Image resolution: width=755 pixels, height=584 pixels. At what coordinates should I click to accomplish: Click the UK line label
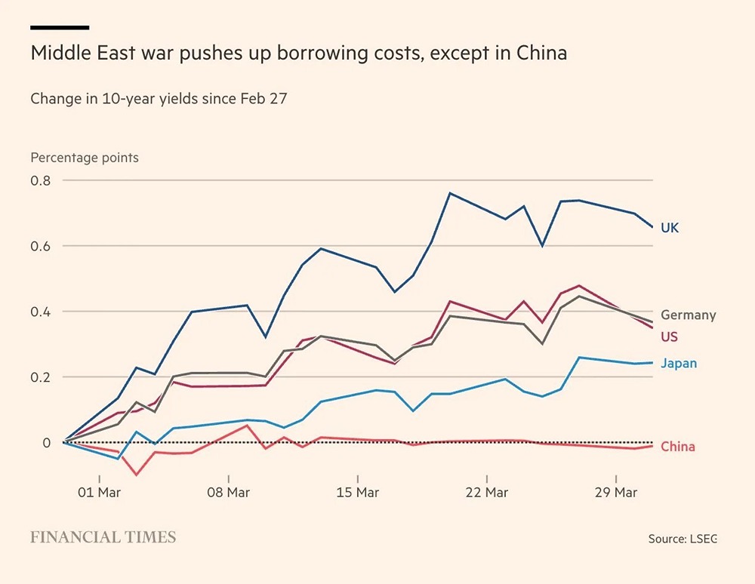[x=670, y=228]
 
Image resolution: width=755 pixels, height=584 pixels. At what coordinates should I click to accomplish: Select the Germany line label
[x=688, y=315]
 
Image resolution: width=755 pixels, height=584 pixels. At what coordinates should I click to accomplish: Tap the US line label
[x=669, y=337]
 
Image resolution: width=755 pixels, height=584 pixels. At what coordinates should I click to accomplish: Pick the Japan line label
[x=678, y=363]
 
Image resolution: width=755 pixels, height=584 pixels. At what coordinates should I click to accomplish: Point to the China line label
[x=677, y=447]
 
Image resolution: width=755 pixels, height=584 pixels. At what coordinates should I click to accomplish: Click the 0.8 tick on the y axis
[x=40, y=181]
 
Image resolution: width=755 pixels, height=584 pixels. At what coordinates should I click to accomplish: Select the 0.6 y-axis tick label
[x=40, y=246]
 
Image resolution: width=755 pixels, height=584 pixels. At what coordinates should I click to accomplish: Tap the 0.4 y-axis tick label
[x=40, y=312]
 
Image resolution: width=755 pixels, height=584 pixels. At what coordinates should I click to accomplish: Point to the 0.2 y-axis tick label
[x=40, y=377]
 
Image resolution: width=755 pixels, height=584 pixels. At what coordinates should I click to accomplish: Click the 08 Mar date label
[x=228, y=493]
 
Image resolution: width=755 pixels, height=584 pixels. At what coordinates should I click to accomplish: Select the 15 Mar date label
[x=357, y=493]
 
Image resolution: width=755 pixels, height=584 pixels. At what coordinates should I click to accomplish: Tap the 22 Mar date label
[x=486, y=493]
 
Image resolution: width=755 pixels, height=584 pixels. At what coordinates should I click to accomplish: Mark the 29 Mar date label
[x=615, y=493]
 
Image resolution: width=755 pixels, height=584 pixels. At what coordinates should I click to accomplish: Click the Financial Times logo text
[x=103, y=537]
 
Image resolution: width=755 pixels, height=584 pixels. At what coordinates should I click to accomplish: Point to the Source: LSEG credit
[x=682, y=539]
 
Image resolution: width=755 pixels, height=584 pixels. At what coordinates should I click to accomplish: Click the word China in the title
[x=541, y=54]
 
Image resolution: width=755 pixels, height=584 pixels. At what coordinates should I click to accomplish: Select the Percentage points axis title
[x=85, y=158]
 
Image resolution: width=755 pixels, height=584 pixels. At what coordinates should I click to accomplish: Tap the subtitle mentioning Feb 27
[x=159, y=98]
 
